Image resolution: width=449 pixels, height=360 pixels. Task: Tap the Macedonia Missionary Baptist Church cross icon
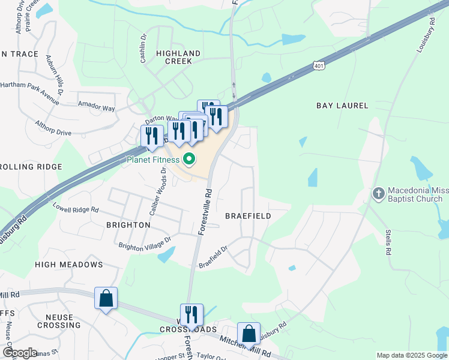tap(378, 193)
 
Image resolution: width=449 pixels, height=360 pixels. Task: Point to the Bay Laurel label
tap(342, 106)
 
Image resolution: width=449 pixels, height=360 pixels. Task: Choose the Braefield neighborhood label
tap(248, 215)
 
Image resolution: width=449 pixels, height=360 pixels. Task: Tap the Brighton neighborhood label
tap(128, 225)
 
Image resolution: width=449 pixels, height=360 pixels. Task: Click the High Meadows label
tap(69, 265)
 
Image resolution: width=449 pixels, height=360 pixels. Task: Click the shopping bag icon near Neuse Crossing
tap(106, 298)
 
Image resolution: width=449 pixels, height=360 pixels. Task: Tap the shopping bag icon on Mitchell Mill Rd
tap(249, 334)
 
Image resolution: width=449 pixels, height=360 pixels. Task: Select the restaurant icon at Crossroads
tap(191, 314)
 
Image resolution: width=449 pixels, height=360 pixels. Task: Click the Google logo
tap(20, 353)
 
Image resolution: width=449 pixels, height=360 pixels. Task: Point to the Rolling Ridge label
tap(31, 166)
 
